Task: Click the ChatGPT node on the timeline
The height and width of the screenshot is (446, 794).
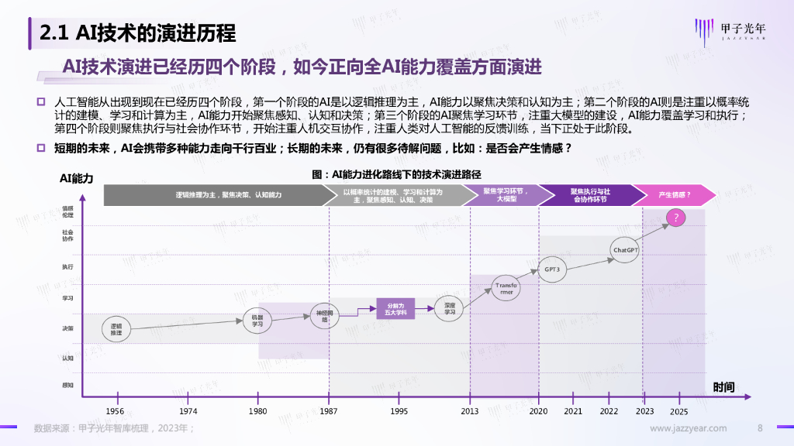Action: (625, 250)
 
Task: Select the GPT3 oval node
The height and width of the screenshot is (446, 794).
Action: (551, 269)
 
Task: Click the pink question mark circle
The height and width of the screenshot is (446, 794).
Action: (675, 218)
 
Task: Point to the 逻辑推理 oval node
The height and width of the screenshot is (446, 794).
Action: (116, 329)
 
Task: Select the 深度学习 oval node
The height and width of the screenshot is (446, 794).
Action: (449, 309)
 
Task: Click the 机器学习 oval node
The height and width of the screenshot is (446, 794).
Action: (257, 321)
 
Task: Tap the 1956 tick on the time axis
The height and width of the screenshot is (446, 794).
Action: (115, 411)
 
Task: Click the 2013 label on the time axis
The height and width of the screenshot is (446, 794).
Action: (469, 411)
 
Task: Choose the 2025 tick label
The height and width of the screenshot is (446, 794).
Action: (678, 411)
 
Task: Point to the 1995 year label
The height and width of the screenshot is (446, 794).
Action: (399, 411)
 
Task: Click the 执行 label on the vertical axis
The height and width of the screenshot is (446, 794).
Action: (68, 267)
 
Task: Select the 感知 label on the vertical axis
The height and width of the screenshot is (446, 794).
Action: (68, 385)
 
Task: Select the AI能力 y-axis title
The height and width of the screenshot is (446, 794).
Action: (76, 178)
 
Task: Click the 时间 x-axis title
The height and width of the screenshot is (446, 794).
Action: (723, 386)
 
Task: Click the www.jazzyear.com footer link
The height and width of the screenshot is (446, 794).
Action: (688, 428)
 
